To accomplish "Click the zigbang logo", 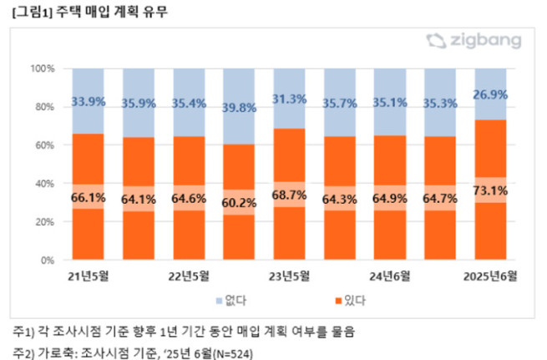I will pos(473,41).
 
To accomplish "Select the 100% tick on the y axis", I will pos(43,68).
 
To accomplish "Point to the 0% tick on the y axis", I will pos(48,261).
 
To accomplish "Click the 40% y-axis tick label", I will pos(45,184).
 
